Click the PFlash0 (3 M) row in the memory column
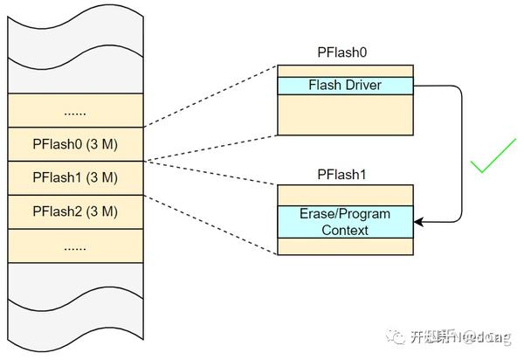pos(74,143)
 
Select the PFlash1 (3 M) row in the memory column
pos(74,177)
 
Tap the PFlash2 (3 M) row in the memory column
pos(74,211)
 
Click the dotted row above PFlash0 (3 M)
pos(74,111)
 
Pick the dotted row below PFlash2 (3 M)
pos(74,246)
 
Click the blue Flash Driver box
pos(345,86)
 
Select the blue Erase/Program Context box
pos(345,222)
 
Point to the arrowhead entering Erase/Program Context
pos(418,222)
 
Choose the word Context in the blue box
pos(344,231)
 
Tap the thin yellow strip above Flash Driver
pos(345,71)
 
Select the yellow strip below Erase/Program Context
pos(345,247)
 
